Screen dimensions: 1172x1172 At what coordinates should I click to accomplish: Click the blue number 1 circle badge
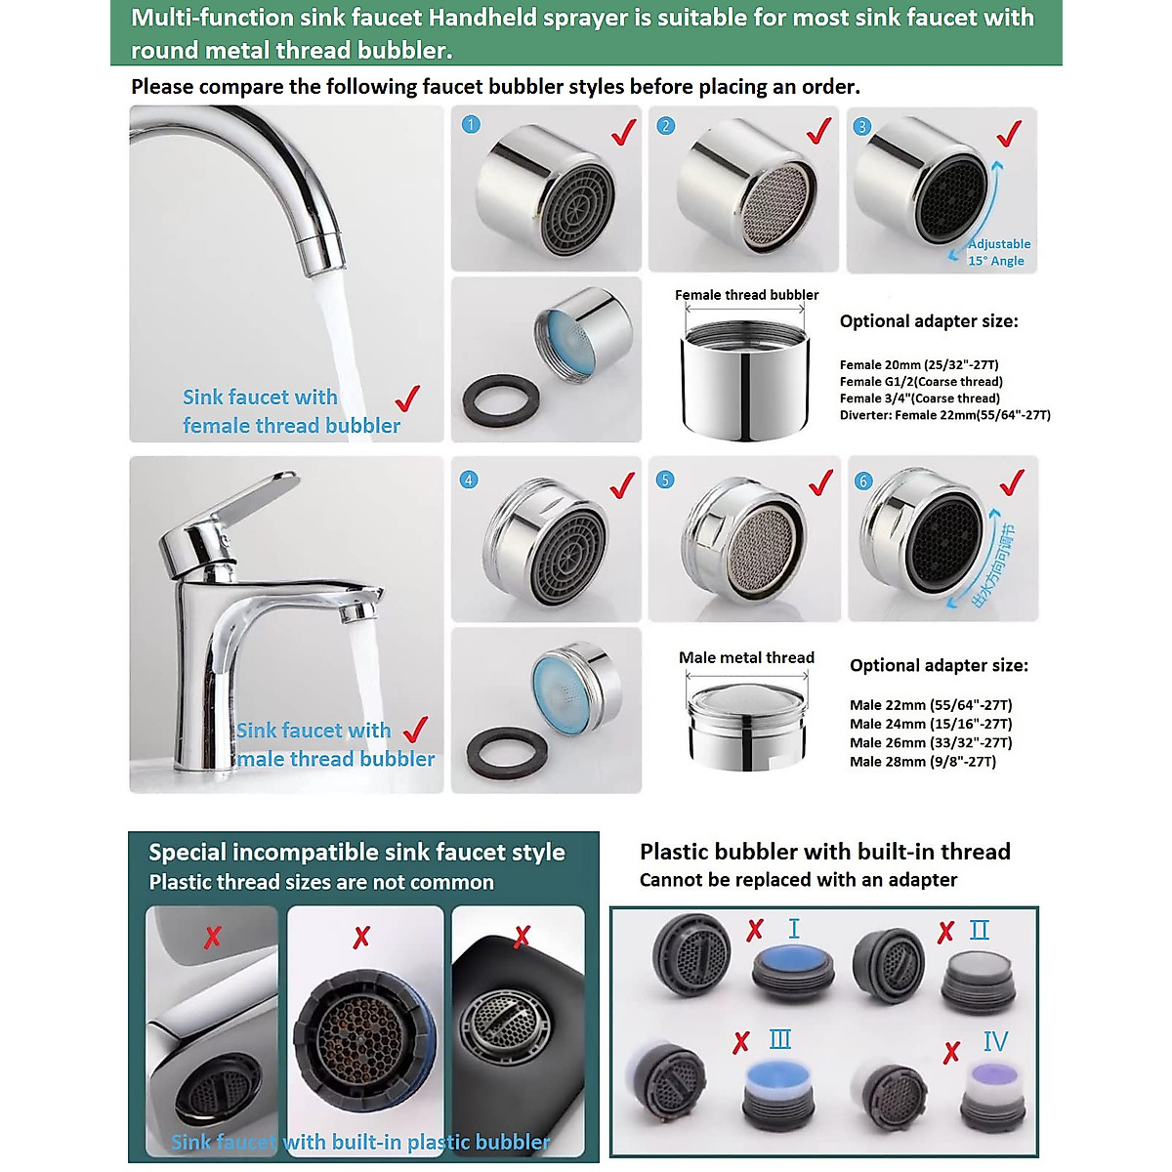point(471,124)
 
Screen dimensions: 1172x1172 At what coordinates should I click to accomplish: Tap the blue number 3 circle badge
point(861,127)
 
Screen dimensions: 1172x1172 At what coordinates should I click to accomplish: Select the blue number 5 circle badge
point(665,480)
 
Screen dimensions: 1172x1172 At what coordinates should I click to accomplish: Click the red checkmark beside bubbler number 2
point(819,130)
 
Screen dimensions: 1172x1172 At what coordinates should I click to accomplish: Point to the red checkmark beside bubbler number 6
point(1012,481)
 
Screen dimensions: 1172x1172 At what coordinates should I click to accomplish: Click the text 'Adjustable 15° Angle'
point(997,252)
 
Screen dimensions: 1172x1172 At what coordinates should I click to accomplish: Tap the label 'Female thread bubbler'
point(746,295)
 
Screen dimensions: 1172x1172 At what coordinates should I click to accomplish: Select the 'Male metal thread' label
point(746,658)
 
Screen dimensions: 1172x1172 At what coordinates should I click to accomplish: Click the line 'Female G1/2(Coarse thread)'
point(920,382)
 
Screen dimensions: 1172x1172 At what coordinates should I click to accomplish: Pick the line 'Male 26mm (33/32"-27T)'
point(930,743)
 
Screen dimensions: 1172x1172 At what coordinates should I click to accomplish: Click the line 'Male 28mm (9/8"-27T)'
point(922,762)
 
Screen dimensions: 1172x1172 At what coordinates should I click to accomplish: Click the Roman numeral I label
point(794,929)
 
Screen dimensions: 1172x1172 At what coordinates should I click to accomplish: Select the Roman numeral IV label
point(994,1042)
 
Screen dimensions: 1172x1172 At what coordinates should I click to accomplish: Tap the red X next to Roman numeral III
point(741,1042)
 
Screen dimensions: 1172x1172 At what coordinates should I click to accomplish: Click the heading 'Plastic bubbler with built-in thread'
point(824,852)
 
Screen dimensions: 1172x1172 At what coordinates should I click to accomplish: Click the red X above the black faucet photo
point(522,937)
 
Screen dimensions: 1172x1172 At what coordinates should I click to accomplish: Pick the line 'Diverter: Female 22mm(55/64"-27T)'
point(944,415)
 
